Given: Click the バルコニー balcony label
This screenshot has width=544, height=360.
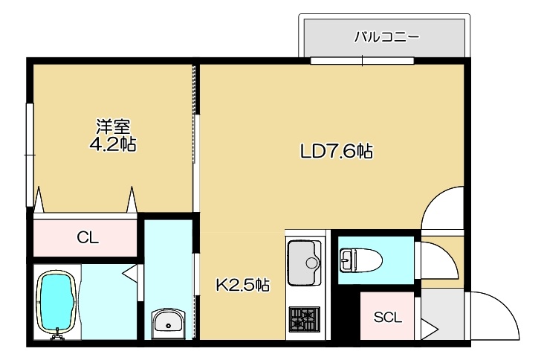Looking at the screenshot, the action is point(386,36).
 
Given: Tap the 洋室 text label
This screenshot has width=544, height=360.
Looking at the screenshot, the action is point(113,127).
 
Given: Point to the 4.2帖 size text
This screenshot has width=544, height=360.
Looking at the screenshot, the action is point(113,144).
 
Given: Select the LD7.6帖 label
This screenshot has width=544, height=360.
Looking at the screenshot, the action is point(337,151).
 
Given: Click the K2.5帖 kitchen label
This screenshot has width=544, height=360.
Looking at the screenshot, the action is point(242,286).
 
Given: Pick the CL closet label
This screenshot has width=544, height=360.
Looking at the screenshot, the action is point(88,238).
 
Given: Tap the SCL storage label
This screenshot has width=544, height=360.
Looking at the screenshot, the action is point(387,317).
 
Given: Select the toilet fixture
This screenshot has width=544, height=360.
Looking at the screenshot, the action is point(361,260).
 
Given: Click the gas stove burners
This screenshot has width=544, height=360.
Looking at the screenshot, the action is point(305,319).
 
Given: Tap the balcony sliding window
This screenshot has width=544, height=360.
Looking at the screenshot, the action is point(362,61).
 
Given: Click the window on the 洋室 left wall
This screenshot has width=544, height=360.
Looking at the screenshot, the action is point(30,155).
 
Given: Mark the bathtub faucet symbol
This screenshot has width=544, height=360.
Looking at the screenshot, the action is point(56,334).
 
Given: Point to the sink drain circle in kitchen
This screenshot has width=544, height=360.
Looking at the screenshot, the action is point(311,263).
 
